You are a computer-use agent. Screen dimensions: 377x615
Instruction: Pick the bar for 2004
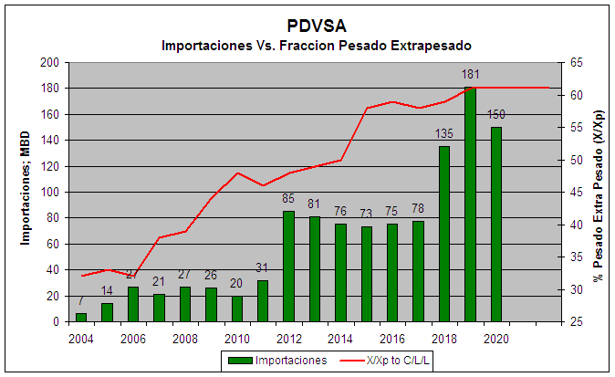pyautogui.click(x=81, y=318)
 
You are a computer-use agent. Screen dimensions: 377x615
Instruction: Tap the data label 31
pyautogui.click(x=263, y=267)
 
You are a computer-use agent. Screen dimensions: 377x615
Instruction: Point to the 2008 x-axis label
pyautogui.click(x=185, y=339)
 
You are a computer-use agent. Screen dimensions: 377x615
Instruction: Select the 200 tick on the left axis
pyautogui.click(x=51, y=62)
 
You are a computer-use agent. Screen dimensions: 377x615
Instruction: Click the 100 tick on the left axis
pyautogui.click(x=51, y=193)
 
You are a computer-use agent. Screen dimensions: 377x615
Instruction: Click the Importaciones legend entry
pyautogui.click(x=277, y=361)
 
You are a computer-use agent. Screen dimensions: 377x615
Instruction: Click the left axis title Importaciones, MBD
pyautogui.click(x=28, y=192)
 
